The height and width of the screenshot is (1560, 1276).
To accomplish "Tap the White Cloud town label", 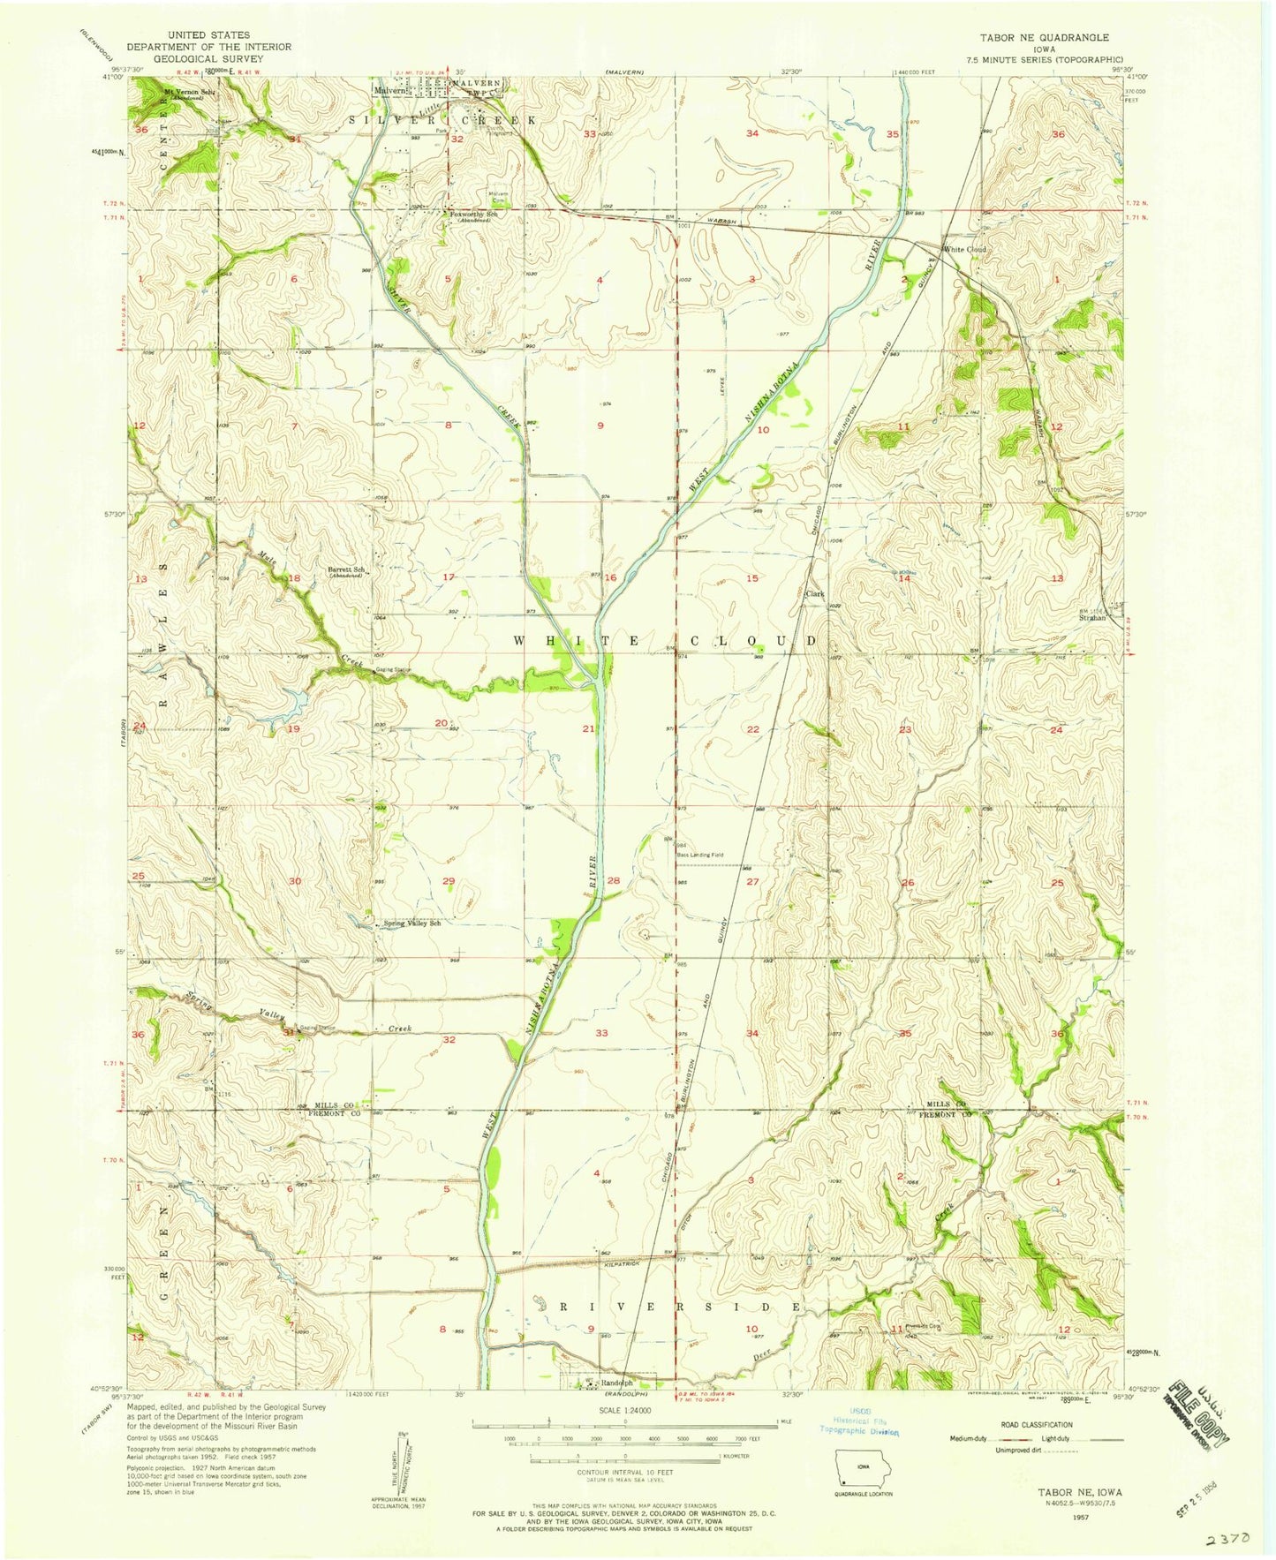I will tap(964, 249).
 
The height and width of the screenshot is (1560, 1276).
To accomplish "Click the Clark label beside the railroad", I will tap(814, 594).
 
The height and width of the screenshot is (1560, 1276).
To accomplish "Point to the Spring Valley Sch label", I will tap(411, 923).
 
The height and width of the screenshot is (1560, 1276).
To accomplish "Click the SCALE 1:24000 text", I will tap(624, 1411).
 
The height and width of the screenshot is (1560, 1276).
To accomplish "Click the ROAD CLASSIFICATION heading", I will tap(1037, 1424).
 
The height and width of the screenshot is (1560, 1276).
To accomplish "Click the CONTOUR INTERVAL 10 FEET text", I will tap(624, 1473).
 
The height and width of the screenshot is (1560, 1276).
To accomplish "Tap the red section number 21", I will tap(588, 729).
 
